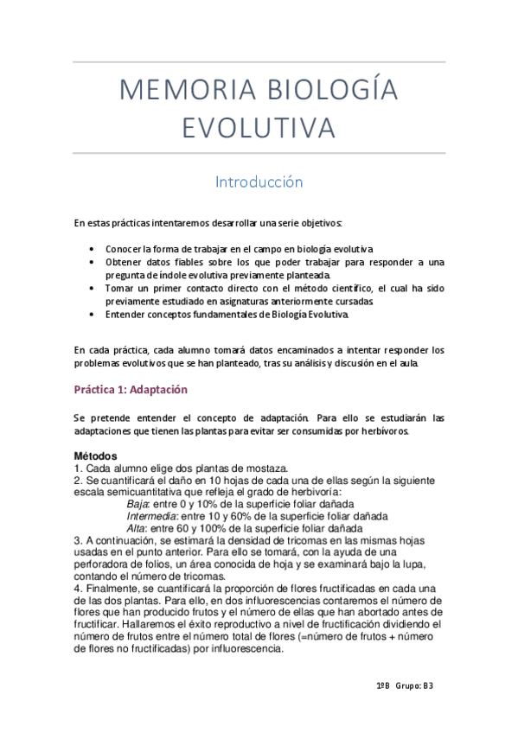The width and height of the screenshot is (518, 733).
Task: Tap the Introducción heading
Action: [259, 182]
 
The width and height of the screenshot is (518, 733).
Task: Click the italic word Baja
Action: [137, 504]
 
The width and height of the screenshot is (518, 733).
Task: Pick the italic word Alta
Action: [137, 527]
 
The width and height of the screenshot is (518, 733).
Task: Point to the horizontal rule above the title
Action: [259, 63]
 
